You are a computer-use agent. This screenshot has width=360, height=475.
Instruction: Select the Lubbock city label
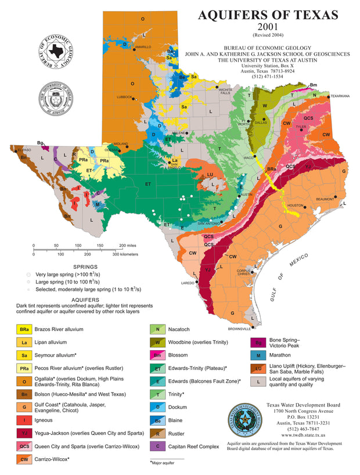[125, 97]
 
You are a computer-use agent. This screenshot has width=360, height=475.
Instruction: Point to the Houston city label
[296, 206]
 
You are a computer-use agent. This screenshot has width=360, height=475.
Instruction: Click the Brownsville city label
[239, 329]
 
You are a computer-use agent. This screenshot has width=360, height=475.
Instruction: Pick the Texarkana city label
[340, 96]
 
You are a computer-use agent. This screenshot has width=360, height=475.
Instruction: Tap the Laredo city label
[188, 283]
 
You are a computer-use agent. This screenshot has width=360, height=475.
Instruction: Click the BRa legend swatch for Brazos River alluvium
[24, 329]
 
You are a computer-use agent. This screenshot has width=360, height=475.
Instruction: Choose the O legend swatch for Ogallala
[24, 382]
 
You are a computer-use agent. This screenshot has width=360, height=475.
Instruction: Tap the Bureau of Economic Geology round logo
[56, 51]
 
